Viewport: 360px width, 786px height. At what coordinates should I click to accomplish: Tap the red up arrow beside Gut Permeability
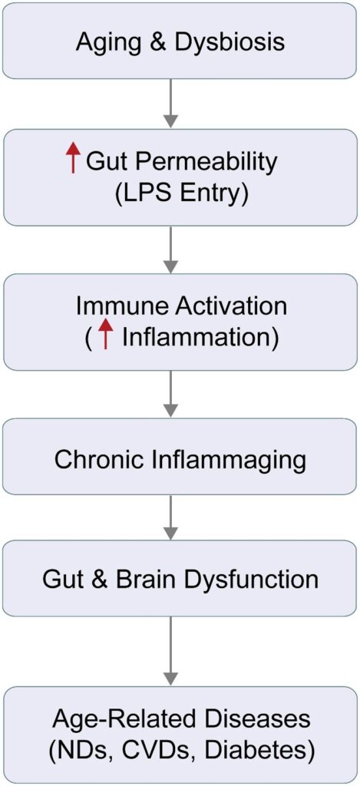[x=74, y=157]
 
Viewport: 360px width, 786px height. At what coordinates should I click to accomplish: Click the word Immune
[x=115, y=305]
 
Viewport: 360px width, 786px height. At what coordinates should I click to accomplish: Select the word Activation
[x=224, y=305]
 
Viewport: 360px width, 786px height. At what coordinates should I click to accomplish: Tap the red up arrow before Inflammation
[x=105, y=334]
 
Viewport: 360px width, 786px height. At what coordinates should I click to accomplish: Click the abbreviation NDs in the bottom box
[x=82, y=751]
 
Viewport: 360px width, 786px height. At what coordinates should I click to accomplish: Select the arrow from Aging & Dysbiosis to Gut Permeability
[x=171, y=104]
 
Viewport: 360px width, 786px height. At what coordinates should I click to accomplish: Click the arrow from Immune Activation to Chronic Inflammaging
[x=171, y=395]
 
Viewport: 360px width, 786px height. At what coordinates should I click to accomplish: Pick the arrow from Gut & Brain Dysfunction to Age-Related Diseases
[x=171, y=652]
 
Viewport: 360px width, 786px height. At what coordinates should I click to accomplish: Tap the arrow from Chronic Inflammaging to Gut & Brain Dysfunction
[x=171, y=517]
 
